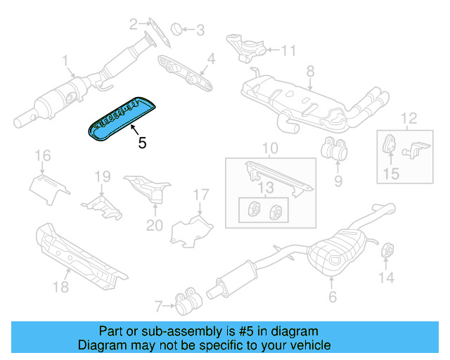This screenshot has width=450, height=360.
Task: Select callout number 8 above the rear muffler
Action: pyautogui.click(x=309, y=70)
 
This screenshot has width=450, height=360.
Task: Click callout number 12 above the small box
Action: pyautogui.click(x=409, y=117)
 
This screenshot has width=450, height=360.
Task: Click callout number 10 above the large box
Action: pyautogui.click(x=270, y=149)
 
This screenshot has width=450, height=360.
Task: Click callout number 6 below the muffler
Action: pyautogui.click(x=333, y=296)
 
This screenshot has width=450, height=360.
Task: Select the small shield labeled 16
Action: pyautogui.click(x=48, y=186)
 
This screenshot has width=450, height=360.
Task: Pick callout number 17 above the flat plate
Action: pyautogui.click(x=201, y=194)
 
